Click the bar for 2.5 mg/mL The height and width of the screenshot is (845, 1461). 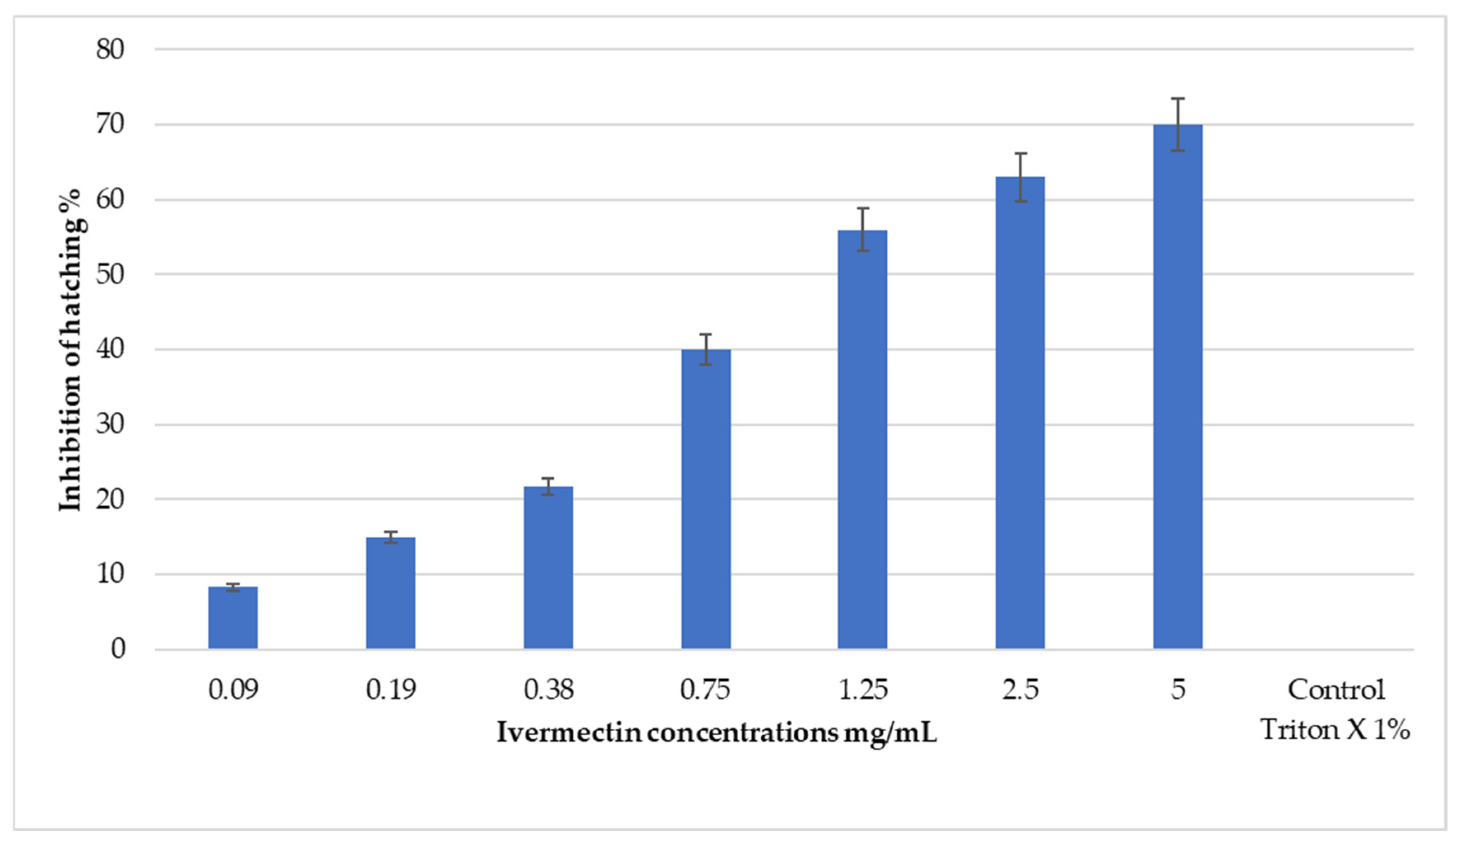point(1020,413)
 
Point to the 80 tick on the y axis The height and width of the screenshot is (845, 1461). point(110,49)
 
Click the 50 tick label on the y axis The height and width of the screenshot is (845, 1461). point(110,274)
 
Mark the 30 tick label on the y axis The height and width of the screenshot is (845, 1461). point(110,424)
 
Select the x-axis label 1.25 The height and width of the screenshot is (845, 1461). point(863,690)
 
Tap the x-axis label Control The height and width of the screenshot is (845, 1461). point(1336,690)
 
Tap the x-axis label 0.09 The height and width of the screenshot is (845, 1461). point(233,690)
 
